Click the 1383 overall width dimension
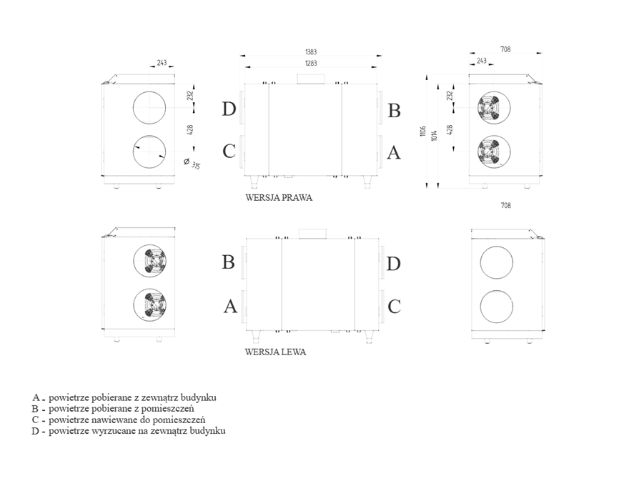(x=311, y=51)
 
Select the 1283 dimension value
(x=311, y=63)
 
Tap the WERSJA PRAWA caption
(x=279, y=198)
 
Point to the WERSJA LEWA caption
(x=275, y=352)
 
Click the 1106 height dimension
(x=423, y=131)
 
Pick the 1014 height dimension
(x=434, y=135)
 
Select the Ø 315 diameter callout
(x=192, y=163)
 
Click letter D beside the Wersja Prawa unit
(x=229, y=109)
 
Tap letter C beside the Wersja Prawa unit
(x=229, y=152)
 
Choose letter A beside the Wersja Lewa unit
(x=230, y=307)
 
